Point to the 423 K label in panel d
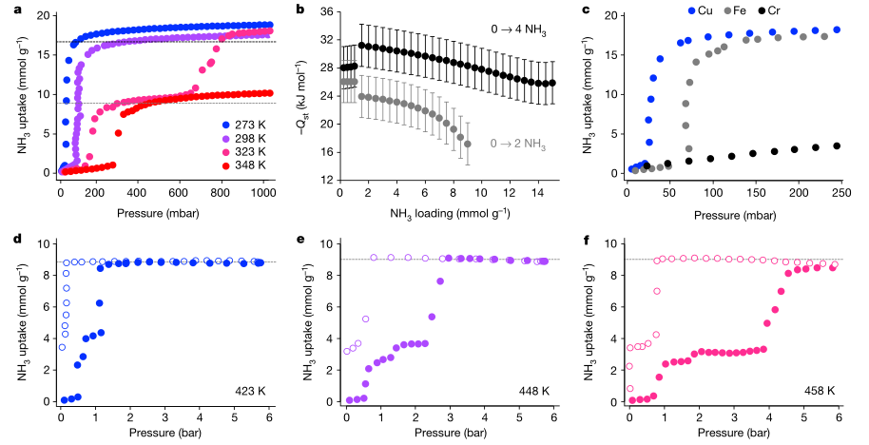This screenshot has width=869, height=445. point(250,390)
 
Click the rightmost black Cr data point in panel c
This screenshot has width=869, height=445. point(837,146)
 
